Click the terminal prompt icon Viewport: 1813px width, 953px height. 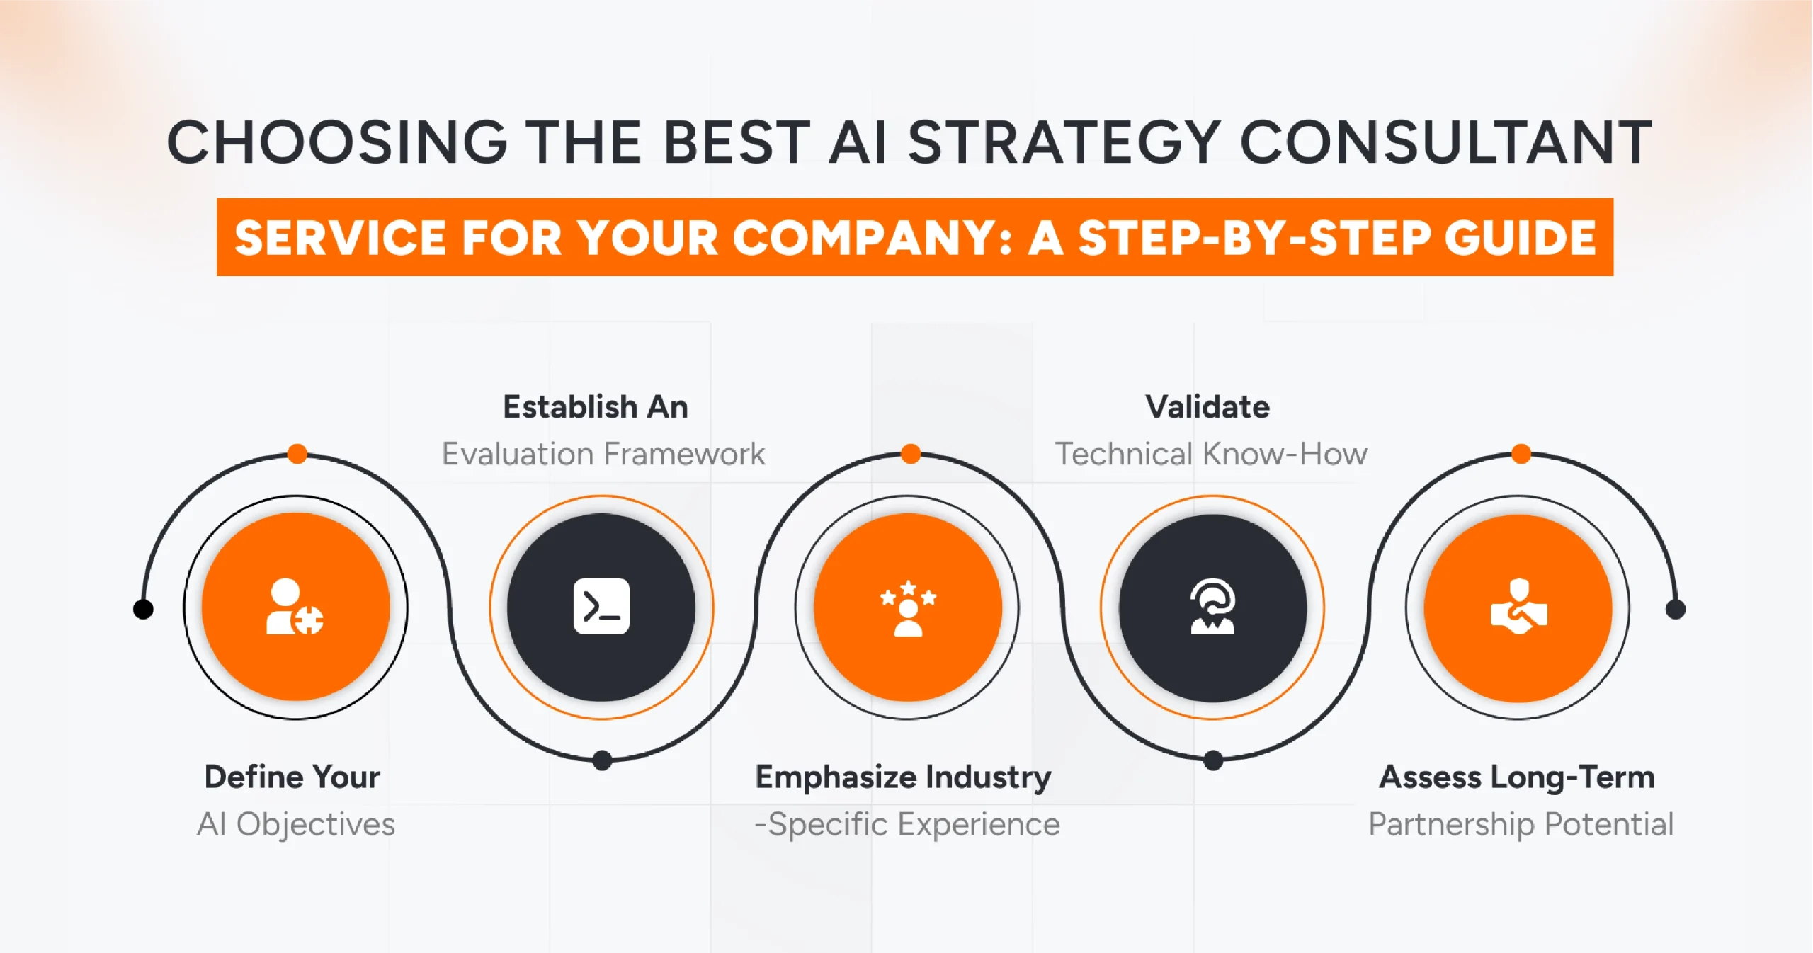click(x=601, y=607)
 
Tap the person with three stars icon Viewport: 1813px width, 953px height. click(x=908, y=608)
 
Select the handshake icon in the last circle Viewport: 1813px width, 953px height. click(x=1518, y=607)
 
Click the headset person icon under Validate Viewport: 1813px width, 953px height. click(x=1212, y=607)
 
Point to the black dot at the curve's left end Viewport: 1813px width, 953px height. click(x=143, y=609)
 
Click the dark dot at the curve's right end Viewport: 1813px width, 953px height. click(x=1675, y=609)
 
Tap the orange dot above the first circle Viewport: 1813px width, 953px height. click(x=297, y=454)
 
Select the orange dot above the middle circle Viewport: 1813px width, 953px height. click(x=911, y=454)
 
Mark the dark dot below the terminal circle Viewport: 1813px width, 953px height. click(x=602, y=760)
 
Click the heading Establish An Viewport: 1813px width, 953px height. click(x=595, y=407)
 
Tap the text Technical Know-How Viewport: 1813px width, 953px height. click(x=1211, y=454)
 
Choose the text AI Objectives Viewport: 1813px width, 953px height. click(x=296, y=824)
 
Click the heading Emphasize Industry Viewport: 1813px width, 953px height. click(x=903, y=777)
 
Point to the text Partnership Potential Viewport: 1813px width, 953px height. click(x=1521, y=824)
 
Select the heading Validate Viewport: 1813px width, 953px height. click(x=1207, y=407)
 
